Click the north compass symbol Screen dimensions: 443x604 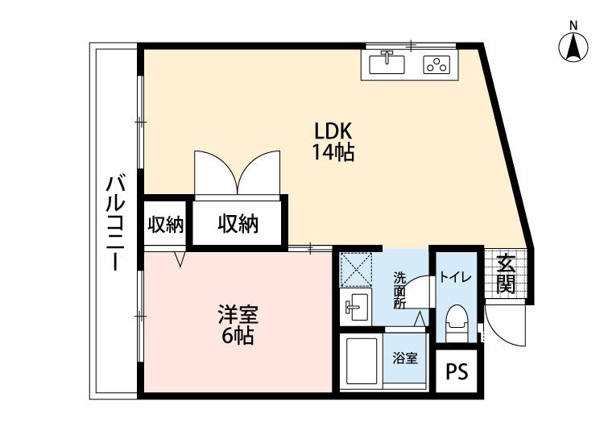pos(573,46)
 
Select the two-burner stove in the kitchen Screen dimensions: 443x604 pos(436,64)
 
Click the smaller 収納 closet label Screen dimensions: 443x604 pos(165,225)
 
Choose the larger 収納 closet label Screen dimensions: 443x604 pos(238,225)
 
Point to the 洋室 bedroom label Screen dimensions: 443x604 pos(238,313)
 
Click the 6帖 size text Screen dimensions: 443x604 pos(238,336)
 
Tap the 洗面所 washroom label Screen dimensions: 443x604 pos(399,291)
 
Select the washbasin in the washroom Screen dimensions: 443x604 pos(355,308)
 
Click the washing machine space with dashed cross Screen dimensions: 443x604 pos(354,269)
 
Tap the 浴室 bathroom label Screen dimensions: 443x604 pos(405,358)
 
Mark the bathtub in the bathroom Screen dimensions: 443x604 pos(361,362)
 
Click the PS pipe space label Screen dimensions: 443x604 pos(457,372)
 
